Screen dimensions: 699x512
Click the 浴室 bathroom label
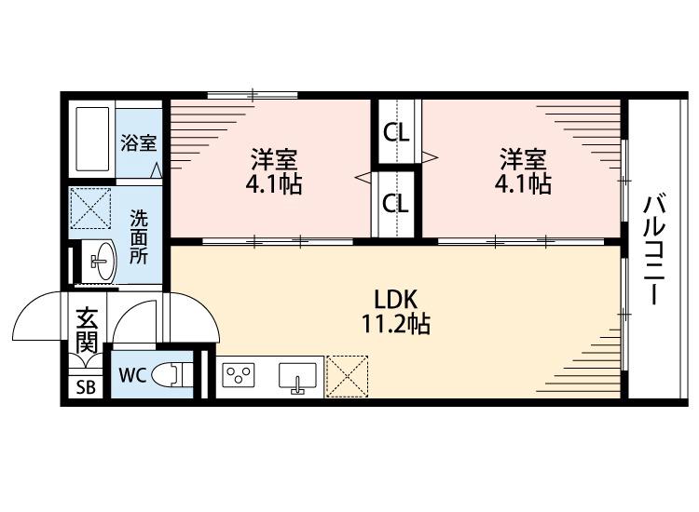tap(139, 143)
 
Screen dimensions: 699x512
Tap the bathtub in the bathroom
tap(92, 139)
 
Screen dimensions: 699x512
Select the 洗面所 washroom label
tap(139, 236)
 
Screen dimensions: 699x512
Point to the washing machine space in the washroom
tap(90, 209)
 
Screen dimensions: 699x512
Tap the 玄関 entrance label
tap(87, 330)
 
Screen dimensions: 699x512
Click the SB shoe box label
tap(86, 387)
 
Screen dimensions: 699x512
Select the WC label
tap(132, 376)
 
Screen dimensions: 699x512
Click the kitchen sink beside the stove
tap(297, 376)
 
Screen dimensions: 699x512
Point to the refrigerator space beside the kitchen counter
tap(348, 376)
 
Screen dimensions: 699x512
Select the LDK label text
tap(395, 300)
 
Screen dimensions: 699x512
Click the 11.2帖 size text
tap(395, 324)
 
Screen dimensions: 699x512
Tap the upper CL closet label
tap(396, 133)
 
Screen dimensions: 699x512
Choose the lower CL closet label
tap(396, 204)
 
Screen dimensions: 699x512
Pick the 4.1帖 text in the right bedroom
tap(523, 183)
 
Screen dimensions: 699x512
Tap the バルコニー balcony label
tap(654, 249)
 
